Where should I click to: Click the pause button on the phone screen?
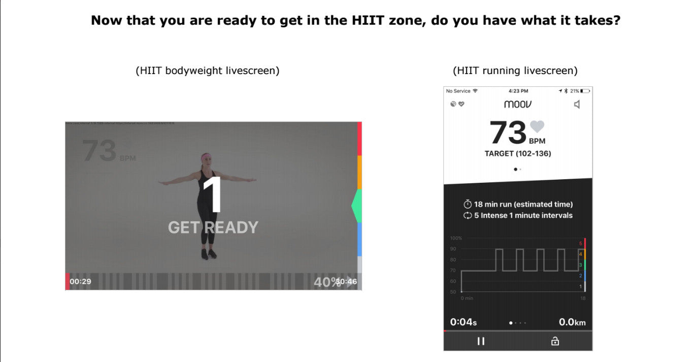click(x=481, y=341)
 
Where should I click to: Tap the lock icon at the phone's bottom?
click(x=555, y=341)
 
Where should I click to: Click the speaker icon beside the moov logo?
click(x=577, y=105)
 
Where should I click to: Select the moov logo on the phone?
click(x=518, y=104)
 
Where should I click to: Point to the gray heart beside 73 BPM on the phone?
click(x=537, y=126)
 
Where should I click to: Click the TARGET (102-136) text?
click(x=518, y=153)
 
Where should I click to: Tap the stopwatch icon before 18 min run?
click(x=468, y=204)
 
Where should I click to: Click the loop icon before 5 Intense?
click(x=468, y=215)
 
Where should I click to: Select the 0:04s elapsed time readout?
click(x=463, y=322)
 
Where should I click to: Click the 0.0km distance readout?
click(x=572, y=322)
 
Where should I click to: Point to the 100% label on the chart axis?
click(x=455, y=238)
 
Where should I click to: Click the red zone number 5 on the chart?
click(x=581, y=244)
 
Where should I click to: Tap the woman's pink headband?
click(x=206, y=156)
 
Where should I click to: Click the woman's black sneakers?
click(x=208, y=254)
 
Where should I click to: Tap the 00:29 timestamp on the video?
click(x=80, y=281)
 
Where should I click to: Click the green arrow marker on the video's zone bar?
click(x=356, y=206)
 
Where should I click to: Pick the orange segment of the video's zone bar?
click(x=359, y=173)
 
